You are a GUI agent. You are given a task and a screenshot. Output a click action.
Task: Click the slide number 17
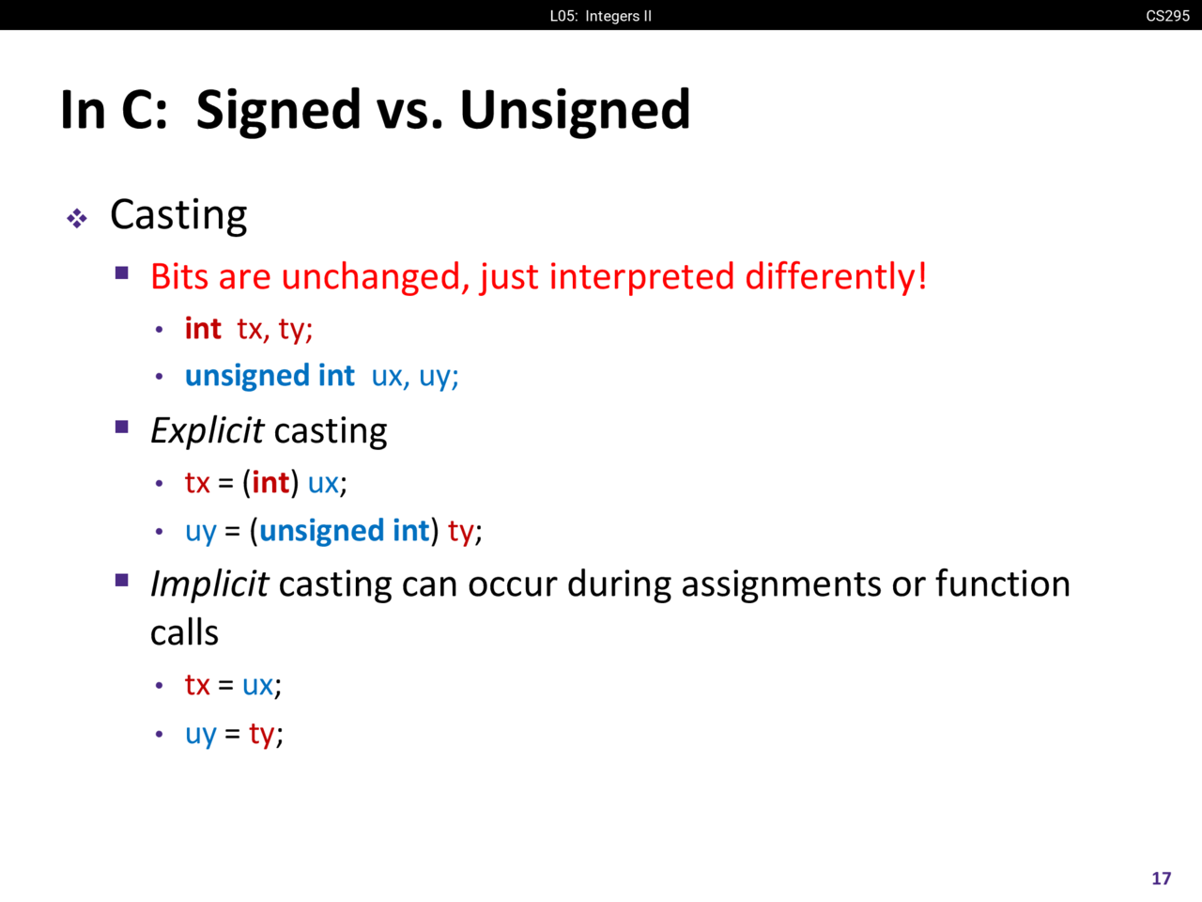coord(1161,879)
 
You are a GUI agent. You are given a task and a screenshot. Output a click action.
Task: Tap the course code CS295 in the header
coord(1167,16)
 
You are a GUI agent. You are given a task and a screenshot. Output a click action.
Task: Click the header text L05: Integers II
coord(601,16)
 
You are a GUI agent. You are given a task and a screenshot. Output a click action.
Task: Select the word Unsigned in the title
coord(575,111)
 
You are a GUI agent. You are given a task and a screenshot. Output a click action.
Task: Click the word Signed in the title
coord(278,111)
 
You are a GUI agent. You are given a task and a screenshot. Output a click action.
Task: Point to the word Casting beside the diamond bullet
coord(178,215)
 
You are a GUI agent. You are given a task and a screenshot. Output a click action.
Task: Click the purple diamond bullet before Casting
coord(77,219)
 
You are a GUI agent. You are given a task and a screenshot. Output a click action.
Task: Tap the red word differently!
coord(836,276)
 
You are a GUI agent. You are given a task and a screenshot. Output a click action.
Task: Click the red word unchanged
coord(376,277)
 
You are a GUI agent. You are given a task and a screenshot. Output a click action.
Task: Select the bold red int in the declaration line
coord(203,329)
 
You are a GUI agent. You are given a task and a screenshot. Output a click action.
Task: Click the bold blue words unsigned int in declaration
coord(270,377)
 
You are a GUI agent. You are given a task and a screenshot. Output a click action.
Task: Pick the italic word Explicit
coord(207,431)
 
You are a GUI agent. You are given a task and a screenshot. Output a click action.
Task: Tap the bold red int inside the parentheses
coord(270,483)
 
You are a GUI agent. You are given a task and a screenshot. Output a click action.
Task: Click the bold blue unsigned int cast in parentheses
coord(345,531)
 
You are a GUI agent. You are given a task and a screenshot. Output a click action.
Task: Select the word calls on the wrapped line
coord(185,633)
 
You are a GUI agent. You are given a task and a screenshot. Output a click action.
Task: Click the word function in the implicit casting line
coord(1003,583)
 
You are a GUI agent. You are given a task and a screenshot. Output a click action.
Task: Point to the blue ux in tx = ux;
coord(257,686)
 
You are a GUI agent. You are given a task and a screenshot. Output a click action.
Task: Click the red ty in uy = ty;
coord(262,735)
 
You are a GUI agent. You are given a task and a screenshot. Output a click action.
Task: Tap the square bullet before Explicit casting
coord(121,427)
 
